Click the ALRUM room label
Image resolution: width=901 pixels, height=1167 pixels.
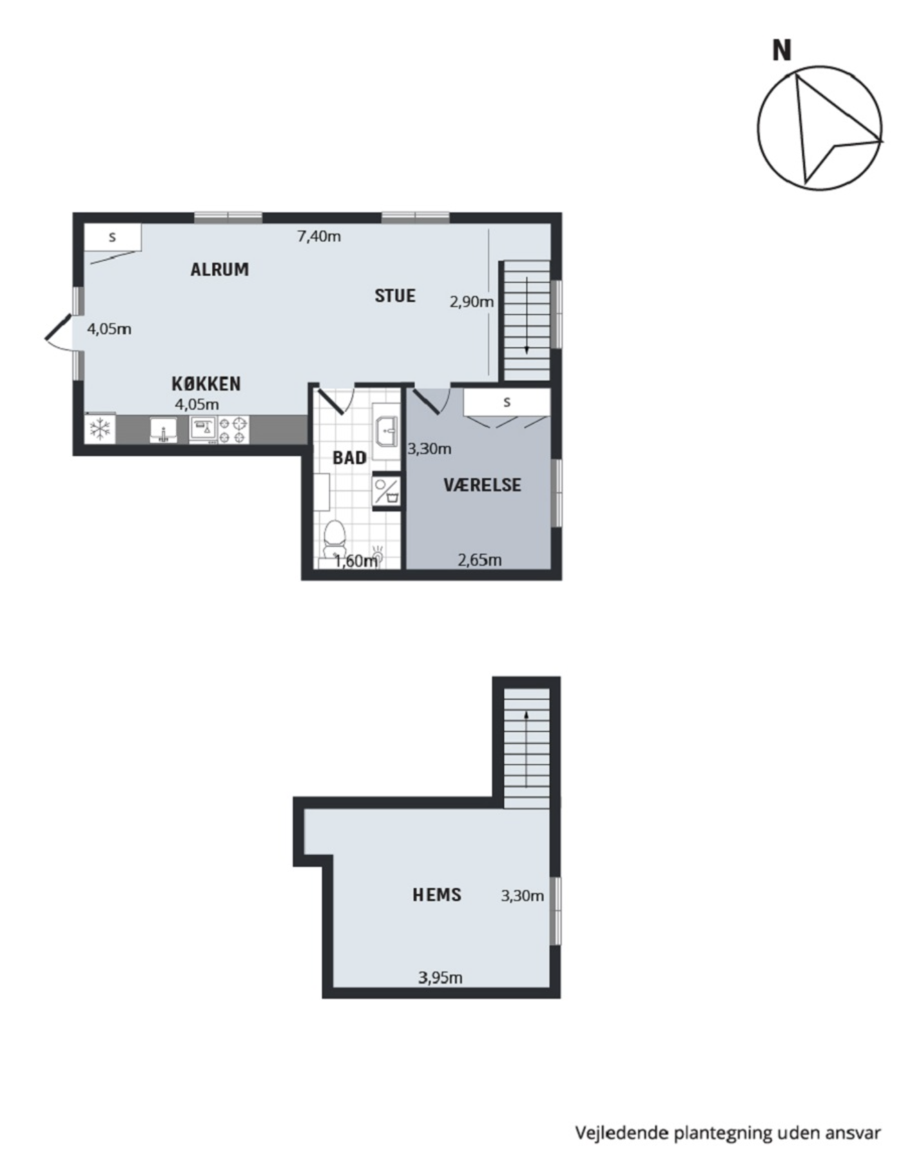[x=220, y=270]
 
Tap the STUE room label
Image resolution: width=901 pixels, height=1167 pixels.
[x=395, y=296]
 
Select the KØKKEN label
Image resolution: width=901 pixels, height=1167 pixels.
[x=206, y=384]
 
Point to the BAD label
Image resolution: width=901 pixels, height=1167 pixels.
[x=349, y=458]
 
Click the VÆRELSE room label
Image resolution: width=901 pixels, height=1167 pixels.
[x=482, y=485]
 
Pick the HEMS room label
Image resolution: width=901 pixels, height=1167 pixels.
[x=437, y=895]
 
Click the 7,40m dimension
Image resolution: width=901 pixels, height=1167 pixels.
[x=319, y=237]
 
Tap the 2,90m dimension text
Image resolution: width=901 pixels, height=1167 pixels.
[x=472, y=301]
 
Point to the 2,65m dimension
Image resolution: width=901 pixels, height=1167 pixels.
[x=480, y=560]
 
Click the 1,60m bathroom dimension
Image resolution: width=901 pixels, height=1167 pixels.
[x=356, y=561]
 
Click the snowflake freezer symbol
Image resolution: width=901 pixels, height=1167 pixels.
[x=100, y=429]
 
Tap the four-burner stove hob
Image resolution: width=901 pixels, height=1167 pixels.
[x=233, y=430]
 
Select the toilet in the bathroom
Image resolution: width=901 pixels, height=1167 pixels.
[x=334, y=539]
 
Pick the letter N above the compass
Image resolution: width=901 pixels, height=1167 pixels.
[x=782, y=50]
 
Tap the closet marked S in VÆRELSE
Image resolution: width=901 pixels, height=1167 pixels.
[x=507, y=402]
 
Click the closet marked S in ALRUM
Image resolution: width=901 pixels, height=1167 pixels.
[x=113, y=237]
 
